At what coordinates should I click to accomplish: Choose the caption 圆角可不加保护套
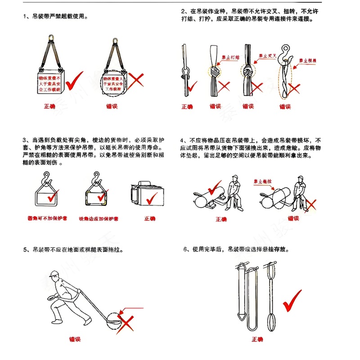click(47, 218)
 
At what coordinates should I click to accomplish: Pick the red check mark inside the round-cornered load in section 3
click(53, 196)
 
